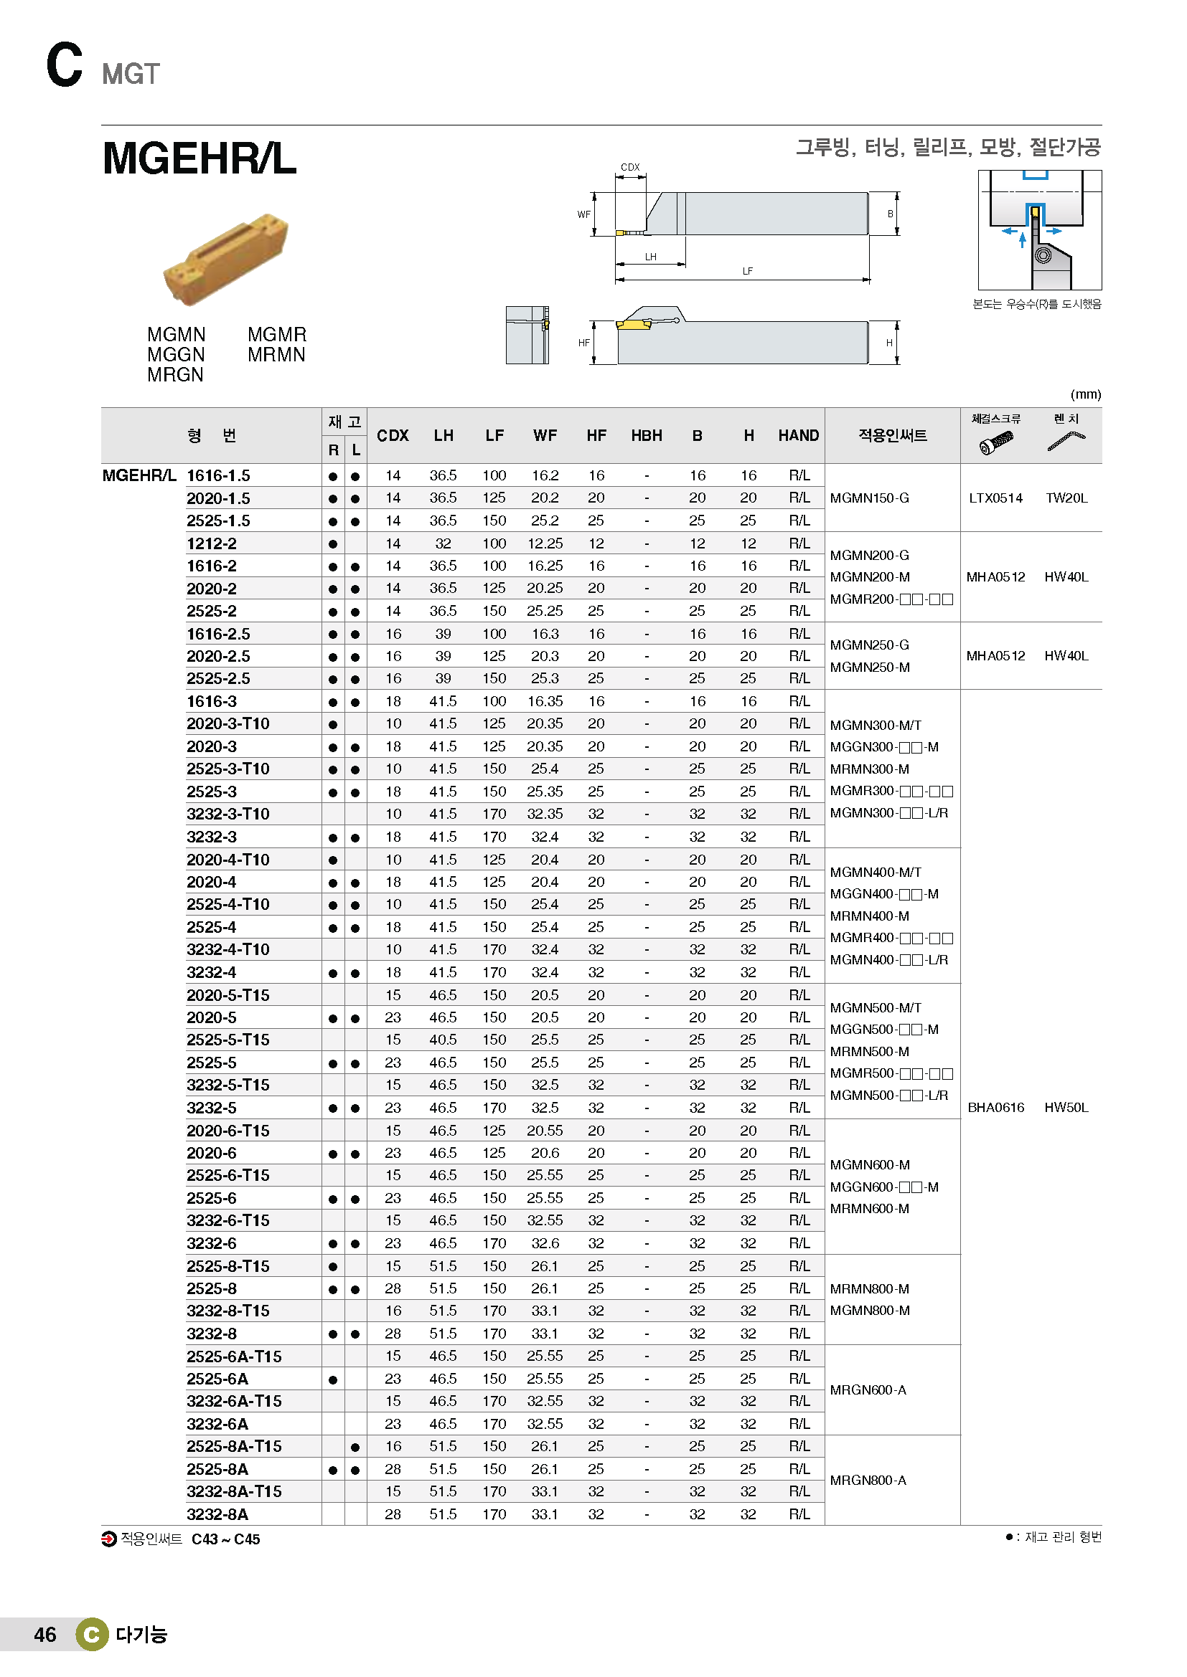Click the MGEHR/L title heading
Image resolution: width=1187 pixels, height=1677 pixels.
pyautogui.click(x=199, y=158)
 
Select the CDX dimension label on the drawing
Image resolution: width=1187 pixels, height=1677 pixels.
pyautogui.click(x=630, y=167)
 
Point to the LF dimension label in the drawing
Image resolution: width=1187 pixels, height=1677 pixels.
pyautogui.click(x=747, y=271)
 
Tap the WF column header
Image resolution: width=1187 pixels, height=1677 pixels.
pyautogui.click(x=545, y=435)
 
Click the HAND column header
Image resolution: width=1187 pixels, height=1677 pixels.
pyautogui.click(x=798, y=435)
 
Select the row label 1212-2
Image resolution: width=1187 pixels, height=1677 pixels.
pyautogui.click(x=211, y=543)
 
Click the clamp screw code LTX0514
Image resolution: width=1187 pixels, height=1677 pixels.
pyautogui.click(x=995, y=498)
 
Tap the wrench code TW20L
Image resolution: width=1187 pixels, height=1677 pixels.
pyautogui.click(x=1066, y=498)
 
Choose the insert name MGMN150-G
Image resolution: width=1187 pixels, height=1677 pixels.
pyautogui.click(x=870, y=498)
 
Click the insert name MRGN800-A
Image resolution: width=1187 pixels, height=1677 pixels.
pyautogui.click(x=868, y=1480)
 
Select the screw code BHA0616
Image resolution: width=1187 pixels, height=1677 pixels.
pyautogui.click(x=995, y=1107)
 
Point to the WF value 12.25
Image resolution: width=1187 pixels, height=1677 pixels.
pyautogui.click(x=545, y=543)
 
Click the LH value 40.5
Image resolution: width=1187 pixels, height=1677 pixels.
pyautogui.click(x=443, y=1040)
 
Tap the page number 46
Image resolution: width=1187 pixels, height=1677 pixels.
pyautogui.click(x=44, y=1635)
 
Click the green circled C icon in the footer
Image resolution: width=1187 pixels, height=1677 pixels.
pyautogui.click(x=92, y=1635)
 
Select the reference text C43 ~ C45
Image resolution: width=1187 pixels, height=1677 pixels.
pyautogui.click(x=226, y=1539)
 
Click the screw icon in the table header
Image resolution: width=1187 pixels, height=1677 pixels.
pyautogui.click(x=995, y=442)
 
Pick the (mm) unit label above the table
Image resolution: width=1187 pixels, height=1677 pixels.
pyautogui.click(x=1085, y=394)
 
